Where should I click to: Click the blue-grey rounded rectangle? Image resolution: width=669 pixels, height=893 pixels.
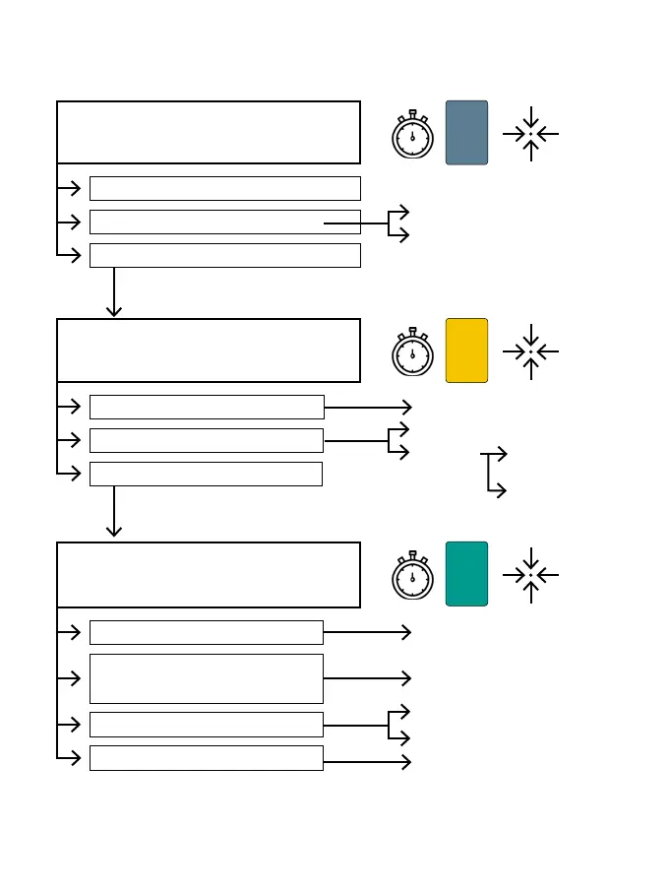pyautogui.click(x=466, y=132)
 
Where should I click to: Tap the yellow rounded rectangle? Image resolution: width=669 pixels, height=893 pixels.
pyautogui.click(x=466, y=351)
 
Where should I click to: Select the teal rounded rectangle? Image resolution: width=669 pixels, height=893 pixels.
pyautogui.click(x=466, y=574)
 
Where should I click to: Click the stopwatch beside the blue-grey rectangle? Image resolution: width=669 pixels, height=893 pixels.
pyautogui.click(x=412, y=136)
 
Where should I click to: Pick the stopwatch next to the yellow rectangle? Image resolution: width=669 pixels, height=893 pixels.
pyautogui.click(x=412, y=353)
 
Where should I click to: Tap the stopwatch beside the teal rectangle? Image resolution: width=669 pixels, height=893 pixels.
pyautogui.click(x=412, y=577)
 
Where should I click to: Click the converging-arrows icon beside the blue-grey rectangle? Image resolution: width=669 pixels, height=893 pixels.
pyautogui.click(x=530, y=133)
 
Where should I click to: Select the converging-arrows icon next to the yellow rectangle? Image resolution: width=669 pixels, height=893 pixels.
pyautogui.click(x=530, y=351)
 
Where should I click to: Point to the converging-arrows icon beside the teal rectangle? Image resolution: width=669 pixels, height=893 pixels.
pyautogui.click(x=530, y=575)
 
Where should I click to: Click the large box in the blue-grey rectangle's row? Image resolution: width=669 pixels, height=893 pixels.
pyautogui.click(x=209, y=132)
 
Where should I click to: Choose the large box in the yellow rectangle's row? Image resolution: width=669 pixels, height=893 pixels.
pyautogui.click(x=209, y=351)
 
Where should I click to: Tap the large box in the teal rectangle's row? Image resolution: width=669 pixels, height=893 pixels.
pyautogui.click(x=209, y=575)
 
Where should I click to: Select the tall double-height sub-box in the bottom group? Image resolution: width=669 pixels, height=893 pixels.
pyautogui.click(x=207, y=678)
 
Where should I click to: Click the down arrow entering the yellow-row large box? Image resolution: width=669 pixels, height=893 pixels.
pyautogui.click(x=114, y=295)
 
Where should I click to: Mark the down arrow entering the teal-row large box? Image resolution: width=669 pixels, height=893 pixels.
pyautogui.click(x=114, y=514)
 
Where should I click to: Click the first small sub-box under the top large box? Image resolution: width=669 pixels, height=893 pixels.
pyautogui.click(x=224, y=188)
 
